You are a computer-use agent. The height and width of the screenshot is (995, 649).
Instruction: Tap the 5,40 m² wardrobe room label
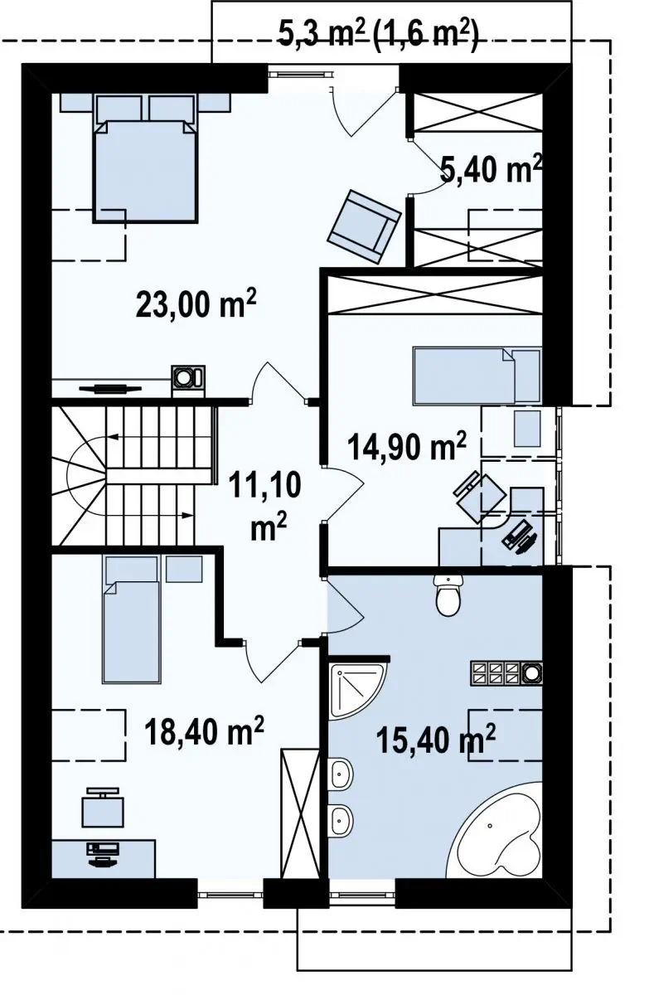click(x=491, y=168)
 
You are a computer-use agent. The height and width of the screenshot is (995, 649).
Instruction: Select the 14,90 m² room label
click(x=407, y=447)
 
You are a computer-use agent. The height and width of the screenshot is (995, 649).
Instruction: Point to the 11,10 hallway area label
click(x=265, y=506)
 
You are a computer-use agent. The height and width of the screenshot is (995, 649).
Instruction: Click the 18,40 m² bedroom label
click(x=204, y=729)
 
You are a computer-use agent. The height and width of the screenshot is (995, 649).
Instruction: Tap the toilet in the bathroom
click(x=448, y=595)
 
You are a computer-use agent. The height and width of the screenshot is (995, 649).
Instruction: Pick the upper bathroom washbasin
click(x=341, y=774)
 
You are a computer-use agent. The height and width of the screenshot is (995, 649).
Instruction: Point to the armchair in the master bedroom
click(x=364, y=226)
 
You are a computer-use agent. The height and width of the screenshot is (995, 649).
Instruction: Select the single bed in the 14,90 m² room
click(x=477, y=376)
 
